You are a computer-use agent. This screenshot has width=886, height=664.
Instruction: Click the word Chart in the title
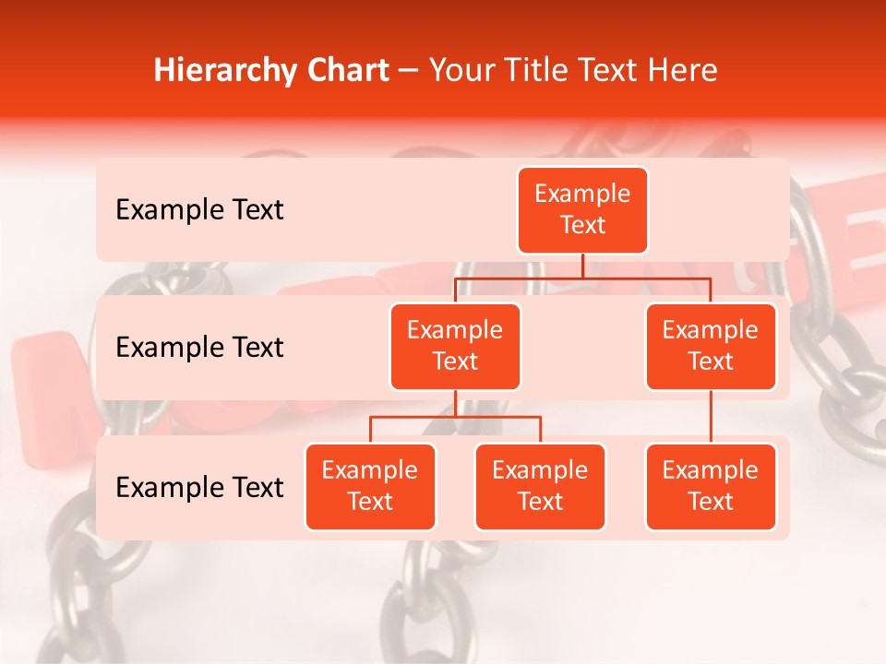pos(347,71)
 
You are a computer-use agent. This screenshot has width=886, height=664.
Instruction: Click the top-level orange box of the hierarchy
pos(582,210)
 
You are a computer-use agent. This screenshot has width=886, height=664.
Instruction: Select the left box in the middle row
pos(455,347)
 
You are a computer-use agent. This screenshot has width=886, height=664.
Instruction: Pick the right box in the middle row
pos(711,347)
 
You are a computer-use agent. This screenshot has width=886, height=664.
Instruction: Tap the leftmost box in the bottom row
pos(370,487)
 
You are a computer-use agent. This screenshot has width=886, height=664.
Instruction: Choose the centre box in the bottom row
pos(540,487)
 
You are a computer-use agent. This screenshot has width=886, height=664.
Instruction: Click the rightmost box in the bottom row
pos(711,487)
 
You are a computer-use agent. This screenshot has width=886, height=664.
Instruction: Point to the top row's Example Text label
pos(199,210)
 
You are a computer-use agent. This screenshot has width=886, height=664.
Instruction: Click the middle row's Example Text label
pos(199,348)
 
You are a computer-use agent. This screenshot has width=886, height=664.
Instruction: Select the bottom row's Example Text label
pos(199,488)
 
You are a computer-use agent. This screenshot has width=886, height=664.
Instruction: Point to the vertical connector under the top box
pos(582,266)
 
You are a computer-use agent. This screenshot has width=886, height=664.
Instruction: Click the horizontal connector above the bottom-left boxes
pos(455,417)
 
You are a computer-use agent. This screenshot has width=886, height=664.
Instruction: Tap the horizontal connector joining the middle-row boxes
pos(582,278)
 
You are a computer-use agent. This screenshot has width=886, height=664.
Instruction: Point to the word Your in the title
pos(460,71)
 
